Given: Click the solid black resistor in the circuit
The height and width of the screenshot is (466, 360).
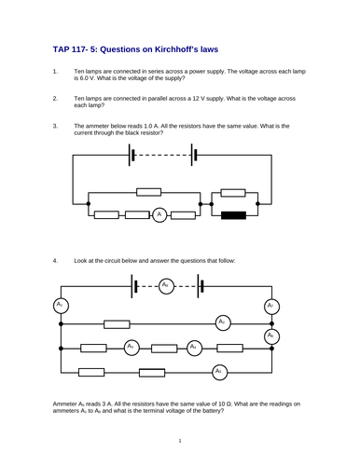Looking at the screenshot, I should [x=234, y=215].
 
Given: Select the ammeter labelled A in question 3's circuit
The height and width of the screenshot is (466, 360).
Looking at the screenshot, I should [x=159, y=215].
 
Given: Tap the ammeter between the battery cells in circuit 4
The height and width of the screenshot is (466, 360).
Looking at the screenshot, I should [x=165, y=284].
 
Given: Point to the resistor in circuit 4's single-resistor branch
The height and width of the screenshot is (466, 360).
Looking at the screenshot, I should [x=117, y=323].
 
